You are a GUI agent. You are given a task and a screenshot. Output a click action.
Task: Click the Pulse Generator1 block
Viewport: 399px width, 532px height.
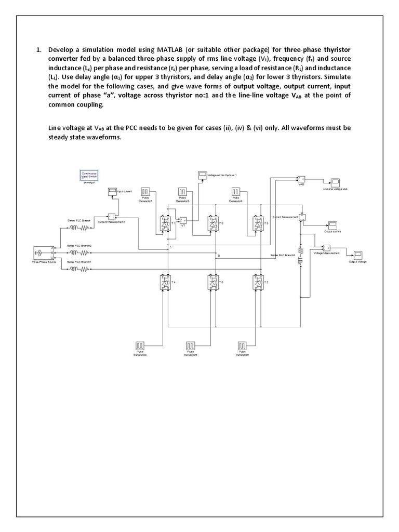147,192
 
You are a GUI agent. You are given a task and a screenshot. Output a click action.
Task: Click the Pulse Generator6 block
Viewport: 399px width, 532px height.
242,345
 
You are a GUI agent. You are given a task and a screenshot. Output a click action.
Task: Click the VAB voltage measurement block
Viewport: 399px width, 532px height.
301,179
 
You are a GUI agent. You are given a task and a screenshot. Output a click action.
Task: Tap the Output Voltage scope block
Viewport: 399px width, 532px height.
358,254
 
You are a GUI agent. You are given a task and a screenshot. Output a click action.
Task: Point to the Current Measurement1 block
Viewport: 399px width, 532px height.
111,216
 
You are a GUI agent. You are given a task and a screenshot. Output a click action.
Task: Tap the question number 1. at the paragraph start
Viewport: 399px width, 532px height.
38,50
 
